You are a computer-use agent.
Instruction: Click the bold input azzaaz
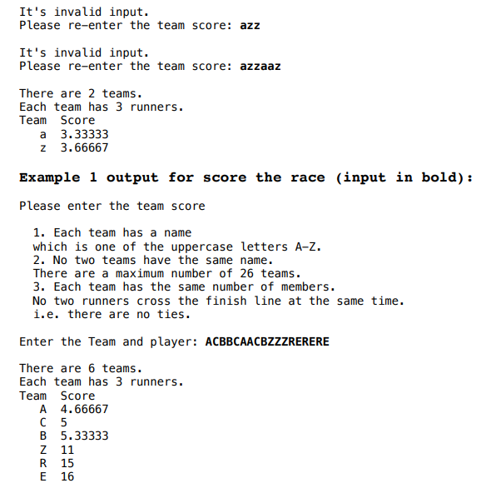260,66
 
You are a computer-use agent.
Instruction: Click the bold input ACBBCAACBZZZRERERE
266,341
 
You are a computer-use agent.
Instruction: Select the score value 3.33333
85,134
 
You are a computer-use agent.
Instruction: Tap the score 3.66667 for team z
85,147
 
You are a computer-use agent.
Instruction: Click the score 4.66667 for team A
85,409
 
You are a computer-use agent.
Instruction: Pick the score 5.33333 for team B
85,436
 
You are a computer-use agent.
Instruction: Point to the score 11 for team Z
67,450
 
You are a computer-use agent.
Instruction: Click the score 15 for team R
67,463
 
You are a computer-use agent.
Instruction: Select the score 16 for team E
67,476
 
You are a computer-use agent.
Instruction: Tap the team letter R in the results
43,463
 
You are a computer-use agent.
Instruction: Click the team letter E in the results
43,476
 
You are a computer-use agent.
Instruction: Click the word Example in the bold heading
50,177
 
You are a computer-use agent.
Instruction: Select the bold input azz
250,25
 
